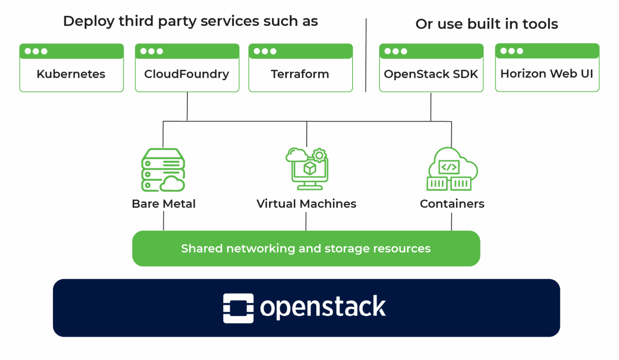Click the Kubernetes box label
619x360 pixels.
tap(71, 74)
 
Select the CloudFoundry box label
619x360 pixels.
tap(187, 74)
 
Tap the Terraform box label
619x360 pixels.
tap(300, 74)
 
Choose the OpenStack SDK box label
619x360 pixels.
tap(431, 74)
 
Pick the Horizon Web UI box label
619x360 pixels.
tap(546, 74)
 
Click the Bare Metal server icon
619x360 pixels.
tap(163, 170)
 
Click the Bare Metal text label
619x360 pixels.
tap(164, 204)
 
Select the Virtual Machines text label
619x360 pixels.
tap(306, 204)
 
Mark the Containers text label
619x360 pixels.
tap(452, 204)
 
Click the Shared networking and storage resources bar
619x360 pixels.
tap(306, 248)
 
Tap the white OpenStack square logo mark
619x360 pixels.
tap(238, 308)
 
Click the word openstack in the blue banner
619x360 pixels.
tap(323, 308)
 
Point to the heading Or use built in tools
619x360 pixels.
tap(486, 24)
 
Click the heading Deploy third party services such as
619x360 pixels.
tap(190, 21)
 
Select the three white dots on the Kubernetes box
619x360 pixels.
tap(36, 51)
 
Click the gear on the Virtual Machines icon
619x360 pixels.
tap(319, 155)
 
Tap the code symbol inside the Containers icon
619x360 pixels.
tap(449, 167)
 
